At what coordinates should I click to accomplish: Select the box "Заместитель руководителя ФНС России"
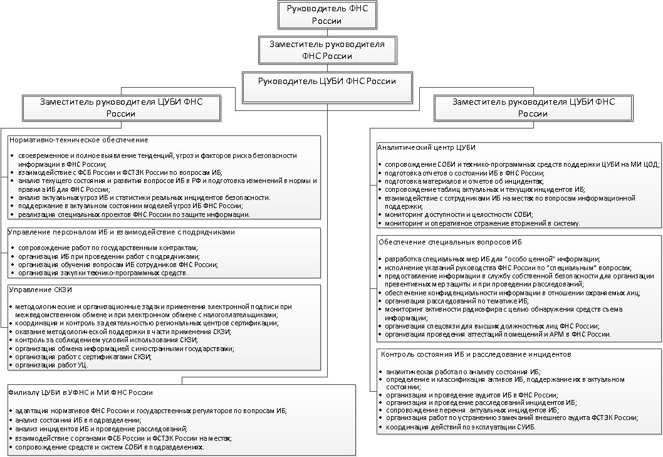pos(326,50)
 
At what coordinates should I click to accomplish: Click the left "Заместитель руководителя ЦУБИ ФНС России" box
pos(122,107)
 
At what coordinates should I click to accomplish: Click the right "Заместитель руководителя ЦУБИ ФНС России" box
pos(533,107)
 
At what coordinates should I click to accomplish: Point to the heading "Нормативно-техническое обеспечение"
pos(78,140)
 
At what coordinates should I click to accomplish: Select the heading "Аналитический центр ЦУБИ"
pos(426,147)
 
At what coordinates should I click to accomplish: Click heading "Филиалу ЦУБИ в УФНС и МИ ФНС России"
pos(81,392)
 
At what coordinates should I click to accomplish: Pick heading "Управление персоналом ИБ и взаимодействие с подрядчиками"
pos(122,232)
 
